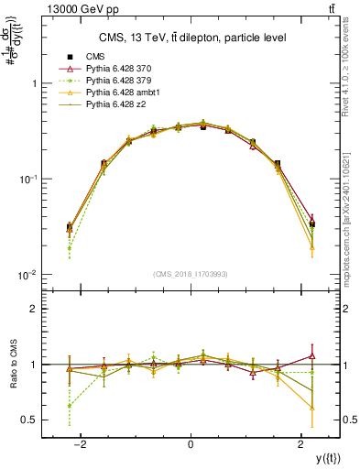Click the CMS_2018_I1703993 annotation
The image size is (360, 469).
click(191, 273)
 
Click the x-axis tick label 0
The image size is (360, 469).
click(191, 443)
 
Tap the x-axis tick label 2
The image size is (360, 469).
click(301, 443)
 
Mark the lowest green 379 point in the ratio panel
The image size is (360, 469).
click(69, 406)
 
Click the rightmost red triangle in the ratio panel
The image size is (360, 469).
click(312, 355)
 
